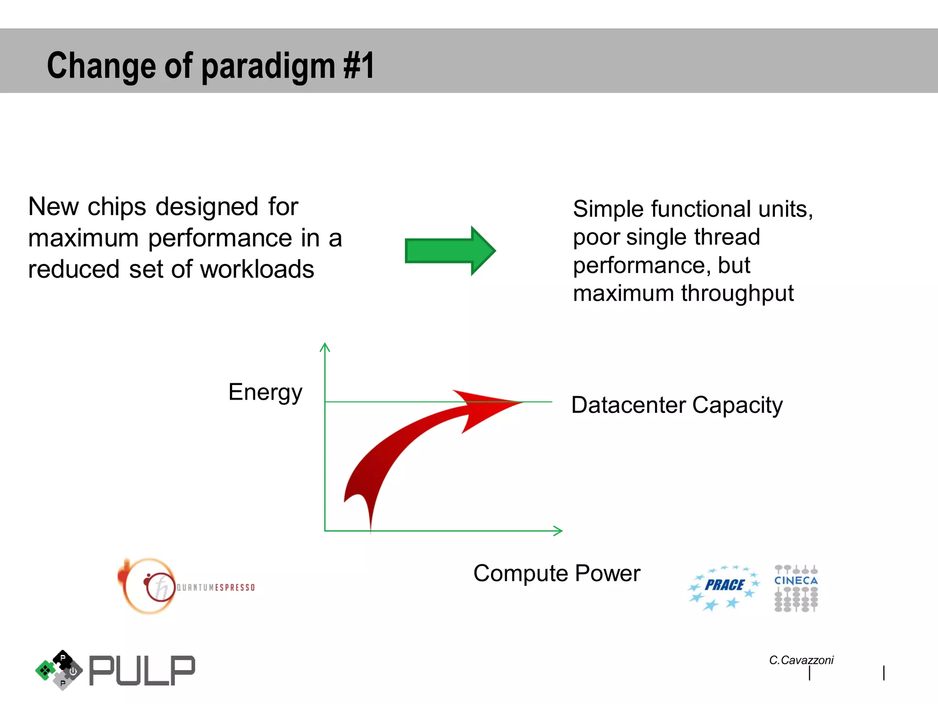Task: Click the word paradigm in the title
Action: pos(269,66)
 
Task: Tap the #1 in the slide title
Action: pos(359,66)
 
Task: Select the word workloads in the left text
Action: pos(257,269)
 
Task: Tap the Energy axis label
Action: pos(265,392)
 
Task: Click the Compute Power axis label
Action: pos(556,573)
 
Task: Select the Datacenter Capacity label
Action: pos(676,405)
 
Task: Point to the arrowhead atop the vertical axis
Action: pos(325,346)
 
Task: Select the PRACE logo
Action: pos(724,587)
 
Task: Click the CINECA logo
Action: pos(796,588)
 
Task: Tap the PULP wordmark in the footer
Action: pos(142,671)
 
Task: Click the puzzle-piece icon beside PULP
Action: pos(59,670)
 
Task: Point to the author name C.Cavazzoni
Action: pos(801,660)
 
